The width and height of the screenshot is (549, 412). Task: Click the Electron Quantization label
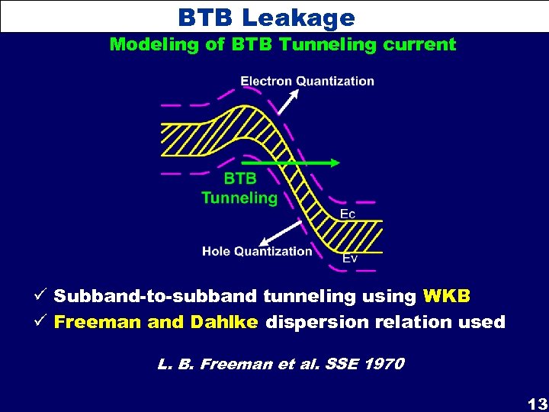[x=307, y=81]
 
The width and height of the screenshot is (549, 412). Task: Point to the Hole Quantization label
[x=257, y=251]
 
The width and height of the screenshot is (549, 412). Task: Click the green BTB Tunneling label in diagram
[x=239, y=188]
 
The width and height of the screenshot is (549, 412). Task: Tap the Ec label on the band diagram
[x=347, y=214]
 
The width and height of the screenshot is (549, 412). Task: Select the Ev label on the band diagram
[x=350, y=259]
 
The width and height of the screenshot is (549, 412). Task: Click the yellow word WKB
[x=448, y=295]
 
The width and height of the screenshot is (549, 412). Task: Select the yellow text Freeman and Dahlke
[x=156, y=322]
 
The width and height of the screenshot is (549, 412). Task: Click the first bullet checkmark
[x=42, y=295]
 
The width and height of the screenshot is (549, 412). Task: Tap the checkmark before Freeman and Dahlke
[x=42, y=322]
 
